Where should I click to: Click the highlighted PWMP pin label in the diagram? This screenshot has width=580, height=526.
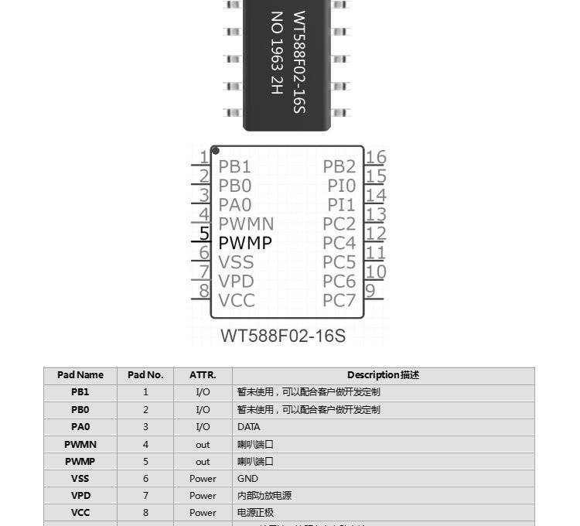(245, 243)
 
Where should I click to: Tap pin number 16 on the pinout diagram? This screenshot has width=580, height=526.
(376, 158)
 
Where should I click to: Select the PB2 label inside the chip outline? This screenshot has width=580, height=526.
(339, 166)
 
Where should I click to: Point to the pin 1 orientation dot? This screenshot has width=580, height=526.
(215, 150)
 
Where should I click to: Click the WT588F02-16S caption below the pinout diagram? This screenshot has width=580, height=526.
(283, 336)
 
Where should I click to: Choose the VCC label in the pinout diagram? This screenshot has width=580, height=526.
(237, 301)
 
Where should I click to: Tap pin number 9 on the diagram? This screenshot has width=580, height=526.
(370, 291)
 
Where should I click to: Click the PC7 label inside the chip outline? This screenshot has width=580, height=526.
(339, 301)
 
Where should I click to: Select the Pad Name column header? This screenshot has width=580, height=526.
(80, 375)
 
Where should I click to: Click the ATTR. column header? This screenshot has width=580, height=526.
(203, 375)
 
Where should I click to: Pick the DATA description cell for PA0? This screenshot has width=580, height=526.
(249, 427)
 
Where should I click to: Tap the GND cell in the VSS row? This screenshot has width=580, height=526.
(248, 479)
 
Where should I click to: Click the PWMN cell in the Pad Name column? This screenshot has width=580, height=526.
(80, 445)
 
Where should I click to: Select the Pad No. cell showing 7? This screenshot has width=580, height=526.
(145, 496)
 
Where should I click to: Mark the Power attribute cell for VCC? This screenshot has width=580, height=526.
(203, 513)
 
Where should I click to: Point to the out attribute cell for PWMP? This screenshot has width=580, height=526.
(203, 462)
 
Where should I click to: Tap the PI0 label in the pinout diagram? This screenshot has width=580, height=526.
(341, 186)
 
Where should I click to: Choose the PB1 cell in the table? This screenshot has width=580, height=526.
(80, 392)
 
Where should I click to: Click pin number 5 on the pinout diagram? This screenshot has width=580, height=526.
(205, 233)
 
